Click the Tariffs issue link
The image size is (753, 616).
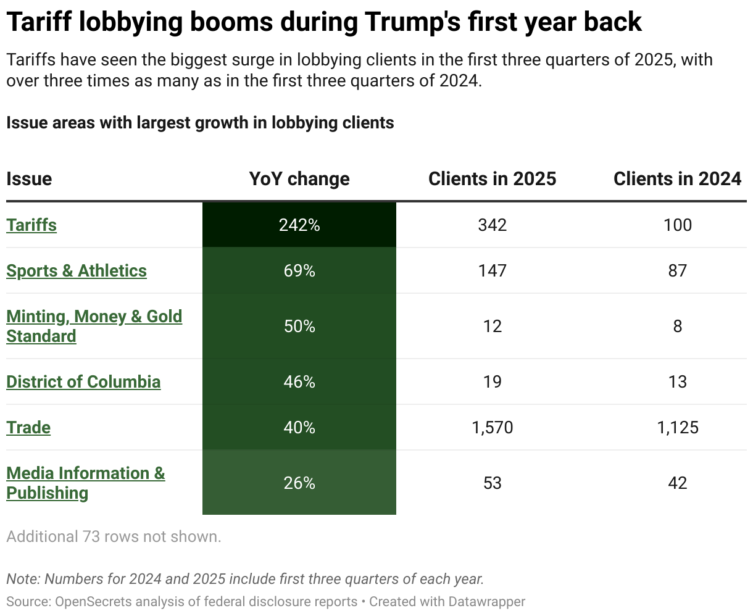pyautogui.click(x=31, y=225)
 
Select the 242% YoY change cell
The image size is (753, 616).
pyautogui.click(x=299, y=225)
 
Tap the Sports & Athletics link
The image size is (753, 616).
pyautogui.click(x=77, y=270)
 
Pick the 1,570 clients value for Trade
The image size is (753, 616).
pyautogui.click(x=492, y=427)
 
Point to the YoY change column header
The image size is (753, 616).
pyautogui.click(x=299, y=179)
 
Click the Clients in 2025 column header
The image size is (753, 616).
pyautogui.click(x=492, y=179)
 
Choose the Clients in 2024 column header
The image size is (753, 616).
pyautogui.click(x=677, y=179)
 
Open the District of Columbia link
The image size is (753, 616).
pyautogui.click(x=83, y=381)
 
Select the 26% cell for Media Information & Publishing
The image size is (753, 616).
pyautogui.click(x=299, y=483)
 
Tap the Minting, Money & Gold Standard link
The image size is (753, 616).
pyautogui.click(x=94, y=326)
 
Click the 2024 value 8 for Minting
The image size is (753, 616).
pyautogui.click(x=677, y=326)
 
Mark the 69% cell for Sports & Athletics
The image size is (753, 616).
pyautogui.click(x=299, y=270)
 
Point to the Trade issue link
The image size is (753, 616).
pyautogui.click(x=28, y=427)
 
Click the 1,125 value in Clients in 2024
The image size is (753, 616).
pyautogui.click(x=677, y=427)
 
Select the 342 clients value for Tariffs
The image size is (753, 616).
pyautogui.click(x=492, y=225)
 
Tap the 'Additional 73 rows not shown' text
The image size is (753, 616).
pyautogui.click(x=114, y=537)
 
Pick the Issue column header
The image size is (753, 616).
pyautogui.click(x=29, y=179)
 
